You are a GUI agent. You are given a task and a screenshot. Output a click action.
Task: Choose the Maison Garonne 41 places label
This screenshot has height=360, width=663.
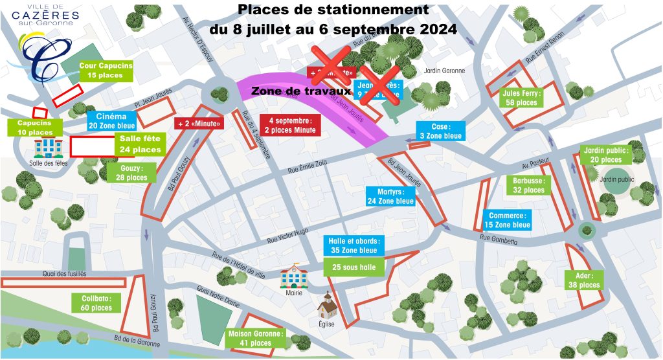(x=255, y=338)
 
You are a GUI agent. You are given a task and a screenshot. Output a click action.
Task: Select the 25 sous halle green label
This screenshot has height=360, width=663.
(x=354, y=267)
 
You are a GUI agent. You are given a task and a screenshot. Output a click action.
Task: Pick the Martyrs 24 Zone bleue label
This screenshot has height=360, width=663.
(x=390, y=196)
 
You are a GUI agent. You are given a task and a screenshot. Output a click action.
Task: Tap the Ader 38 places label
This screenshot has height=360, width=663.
(x=585, y=280)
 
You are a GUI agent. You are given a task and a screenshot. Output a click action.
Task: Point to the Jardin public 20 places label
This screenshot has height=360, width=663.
(x=606, y=155)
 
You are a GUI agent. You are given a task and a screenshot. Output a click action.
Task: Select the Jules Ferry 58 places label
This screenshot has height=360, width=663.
(x=522, y=97)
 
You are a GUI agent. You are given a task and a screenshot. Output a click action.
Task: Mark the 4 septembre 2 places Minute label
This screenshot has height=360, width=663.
(x=289, y=125)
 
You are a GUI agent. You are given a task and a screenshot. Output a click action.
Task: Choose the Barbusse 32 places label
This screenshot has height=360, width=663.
(x=529, y=185)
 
